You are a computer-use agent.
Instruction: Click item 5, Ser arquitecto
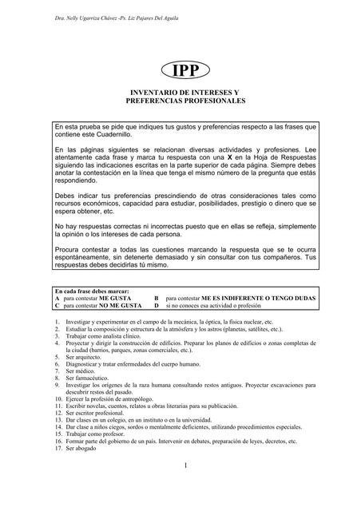[x=85, y=357]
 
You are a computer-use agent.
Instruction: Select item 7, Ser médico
[x=81, y=371]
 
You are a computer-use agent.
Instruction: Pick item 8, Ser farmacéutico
[x=88, y=378]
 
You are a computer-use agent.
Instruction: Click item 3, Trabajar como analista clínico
[x=108, y=335]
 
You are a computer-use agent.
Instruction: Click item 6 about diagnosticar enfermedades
[x=136, y=364]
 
